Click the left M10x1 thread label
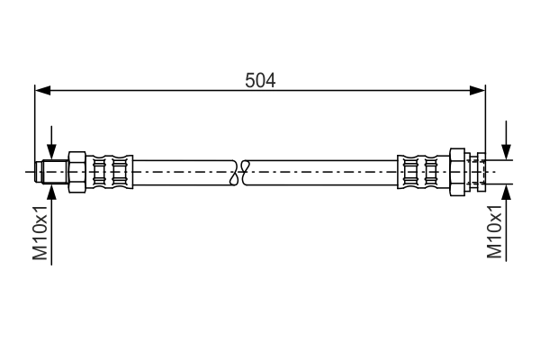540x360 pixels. coord(40,232)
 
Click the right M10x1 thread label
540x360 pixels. coord(494,232)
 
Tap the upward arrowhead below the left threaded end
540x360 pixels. coord(52,191)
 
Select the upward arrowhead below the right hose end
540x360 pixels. coord(508,191)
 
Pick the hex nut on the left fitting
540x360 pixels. coord(76,171)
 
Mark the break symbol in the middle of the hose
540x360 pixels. coord(239,171)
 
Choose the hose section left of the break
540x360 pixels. coord(184,171)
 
